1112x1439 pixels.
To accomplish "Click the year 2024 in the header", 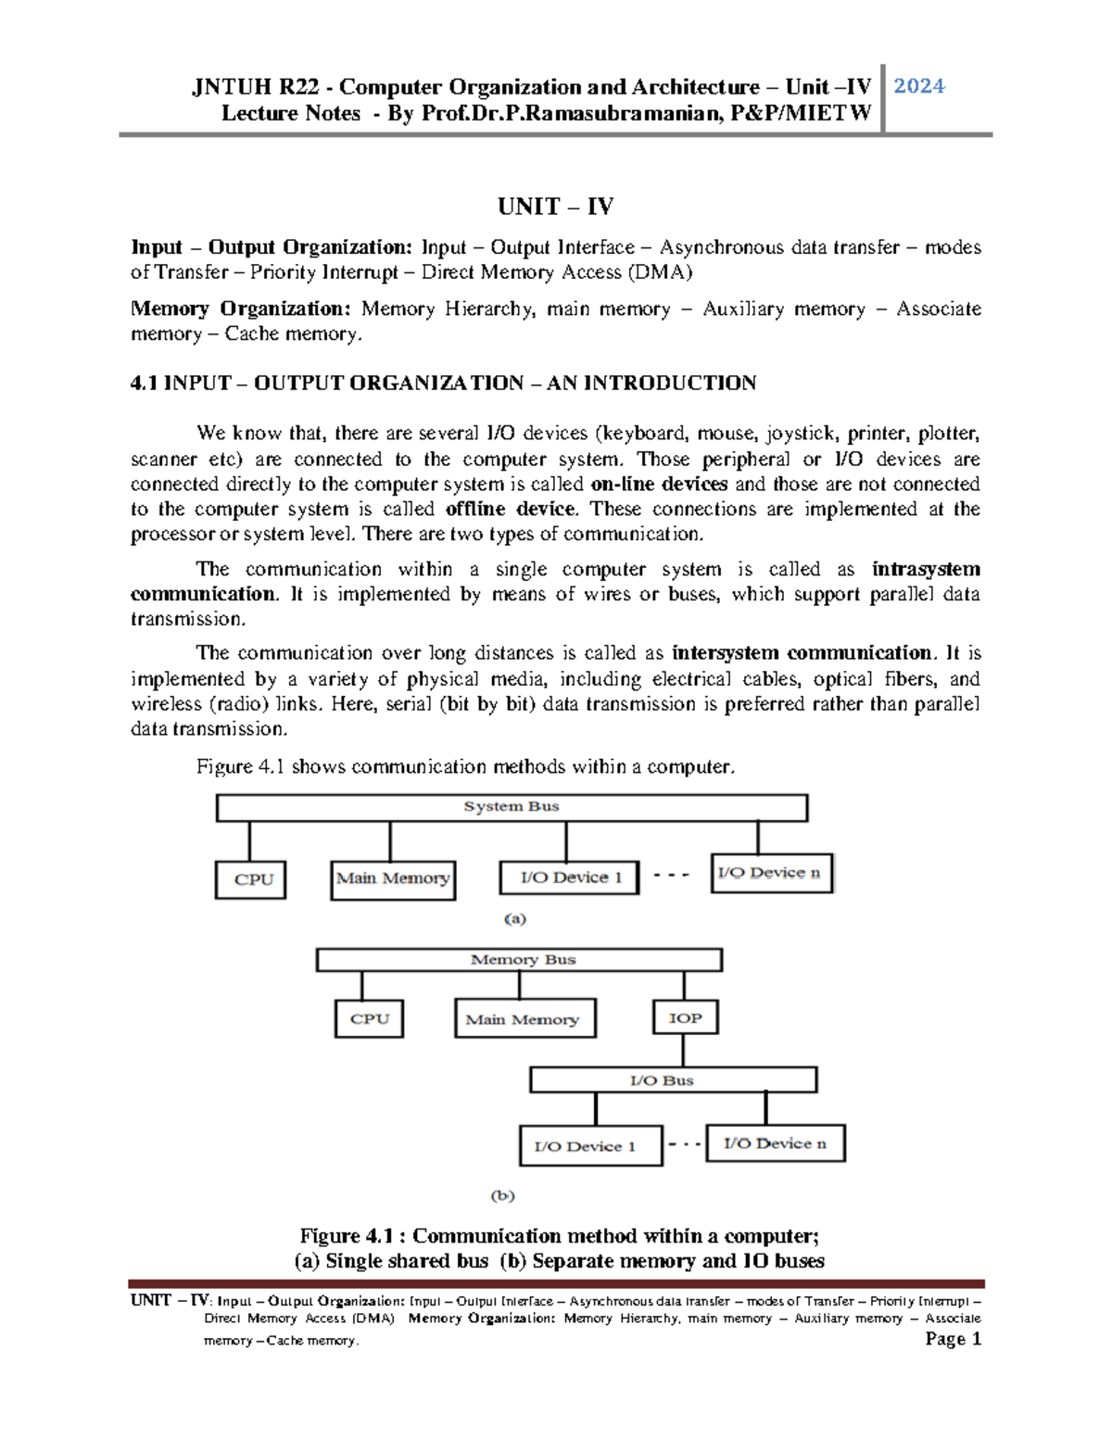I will (x=918, y=86).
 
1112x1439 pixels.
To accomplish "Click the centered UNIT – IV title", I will (x=555, y=206).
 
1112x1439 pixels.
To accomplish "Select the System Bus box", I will (x=512, y=807).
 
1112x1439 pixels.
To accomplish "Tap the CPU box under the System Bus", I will (x=250, y=879).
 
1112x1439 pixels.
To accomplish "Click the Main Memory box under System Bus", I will (x=393, y=878).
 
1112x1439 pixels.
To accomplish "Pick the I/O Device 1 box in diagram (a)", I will (x=569, y=877).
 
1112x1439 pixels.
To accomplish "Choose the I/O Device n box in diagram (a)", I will (x=771, y=873).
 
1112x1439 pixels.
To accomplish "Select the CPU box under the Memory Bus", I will (x=369, y=1018).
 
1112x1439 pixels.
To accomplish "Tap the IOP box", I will (x=685, y=1017).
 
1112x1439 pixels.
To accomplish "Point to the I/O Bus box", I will (x=673, y=1080).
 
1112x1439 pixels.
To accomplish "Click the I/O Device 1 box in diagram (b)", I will (x=590, y=1146).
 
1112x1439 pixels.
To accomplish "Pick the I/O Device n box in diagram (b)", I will (x=776, y=1143).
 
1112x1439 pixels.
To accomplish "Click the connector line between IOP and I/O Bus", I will (x=683, y=1051).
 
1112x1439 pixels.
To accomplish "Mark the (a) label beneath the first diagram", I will (x=515, y=919).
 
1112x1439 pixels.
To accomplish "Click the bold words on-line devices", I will (x=659, y=484).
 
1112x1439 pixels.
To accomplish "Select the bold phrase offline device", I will (x=510, y=509).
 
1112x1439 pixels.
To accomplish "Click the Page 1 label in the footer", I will (x=953, y=1339).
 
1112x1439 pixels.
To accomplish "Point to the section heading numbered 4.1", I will (x=443, y=383).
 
